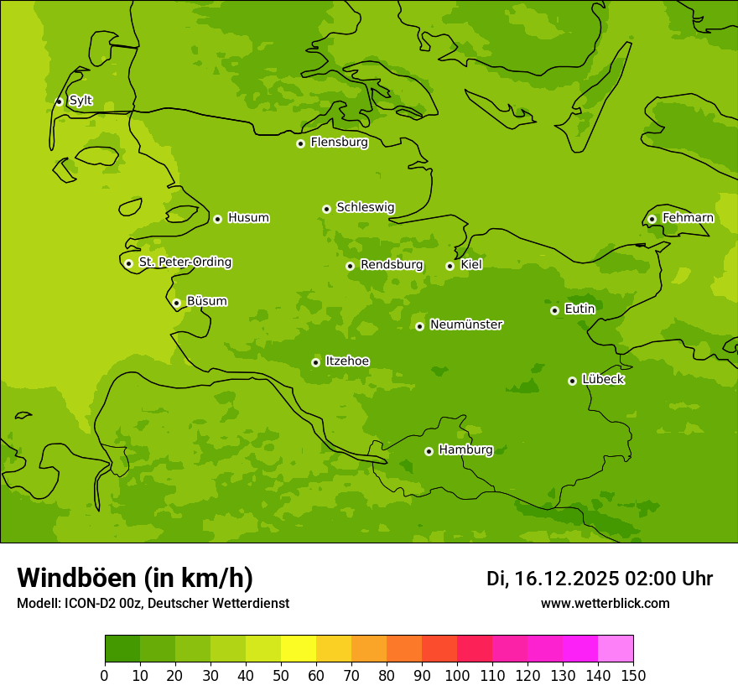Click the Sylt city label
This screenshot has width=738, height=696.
81,101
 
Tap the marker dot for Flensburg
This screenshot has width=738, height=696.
300,143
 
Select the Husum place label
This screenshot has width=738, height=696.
248,218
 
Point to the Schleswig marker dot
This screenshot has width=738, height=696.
326,209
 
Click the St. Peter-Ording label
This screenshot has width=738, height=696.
185,262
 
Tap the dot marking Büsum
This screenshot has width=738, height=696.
176,303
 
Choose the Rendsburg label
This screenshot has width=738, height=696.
392,265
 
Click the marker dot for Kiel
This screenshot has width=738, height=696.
450,266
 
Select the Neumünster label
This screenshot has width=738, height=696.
466,325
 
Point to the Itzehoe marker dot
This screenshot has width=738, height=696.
315,362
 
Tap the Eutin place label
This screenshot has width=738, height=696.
579,309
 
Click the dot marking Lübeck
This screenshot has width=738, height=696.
572,381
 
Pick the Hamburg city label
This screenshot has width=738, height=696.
465,450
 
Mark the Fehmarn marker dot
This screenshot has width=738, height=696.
652,219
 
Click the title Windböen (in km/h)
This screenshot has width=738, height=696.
135,578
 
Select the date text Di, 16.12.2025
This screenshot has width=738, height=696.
552,579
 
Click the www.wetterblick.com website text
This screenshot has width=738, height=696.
605,603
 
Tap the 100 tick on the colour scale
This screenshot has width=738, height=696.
457,676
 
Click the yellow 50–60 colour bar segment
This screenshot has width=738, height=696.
299,649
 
